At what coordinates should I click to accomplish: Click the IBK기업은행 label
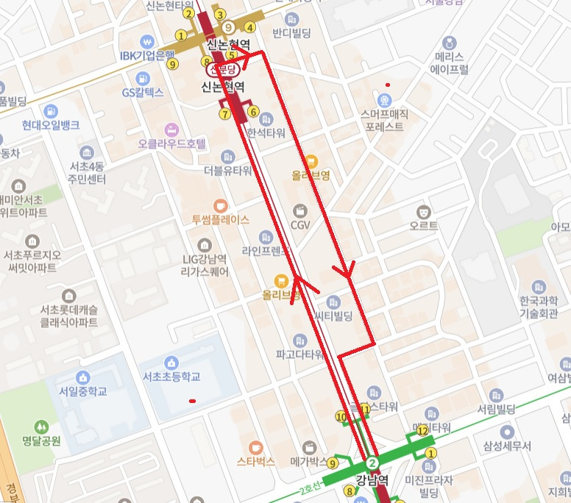147,55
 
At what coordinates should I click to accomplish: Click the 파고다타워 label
300,354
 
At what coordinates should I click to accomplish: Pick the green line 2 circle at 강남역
372,463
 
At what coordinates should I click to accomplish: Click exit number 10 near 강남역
341,417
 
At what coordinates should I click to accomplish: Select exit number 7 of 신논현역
224,113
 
